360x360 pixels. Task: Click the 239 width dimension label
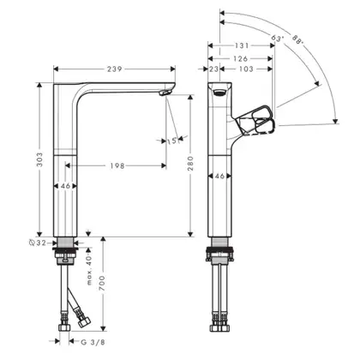115,69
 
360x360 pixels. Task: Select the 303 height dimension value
39,159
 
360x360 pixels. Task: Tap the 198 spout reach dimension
117,165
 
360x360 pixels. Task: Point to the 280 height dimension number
190,164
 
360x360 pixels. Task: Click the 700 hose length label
103,283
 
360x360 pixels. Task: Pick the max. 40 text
89,270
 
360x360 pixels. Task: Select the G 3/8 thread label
93,342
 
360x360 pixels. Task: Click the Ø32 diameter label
38,243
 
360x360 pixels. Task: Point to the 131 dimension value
242,45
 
